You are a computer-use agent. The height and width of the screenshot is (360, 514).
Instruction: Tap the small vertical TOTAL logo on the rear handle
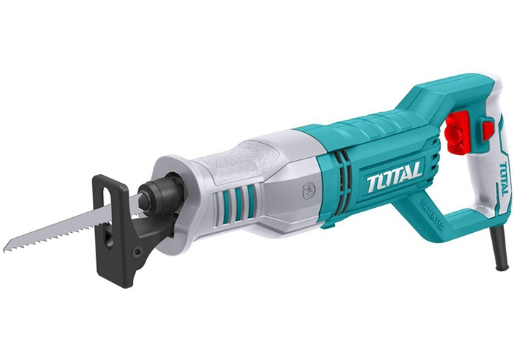(504, 179)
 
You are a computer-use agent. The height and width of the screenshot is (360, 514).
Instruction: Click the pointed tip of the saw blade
(6, 248)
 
